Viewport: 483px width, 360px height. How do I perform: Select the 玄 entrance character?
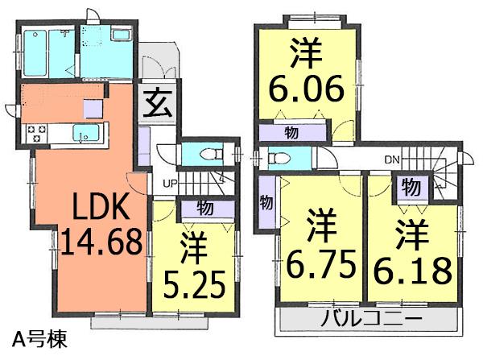pos(157,103)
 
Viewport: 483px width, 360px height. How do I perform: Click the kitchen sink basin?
pos(85,133)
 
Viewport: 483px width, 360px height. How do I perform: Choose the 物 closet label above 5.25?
pos(204,209)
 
